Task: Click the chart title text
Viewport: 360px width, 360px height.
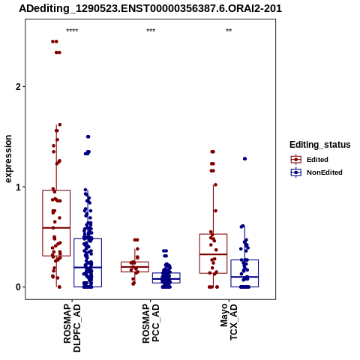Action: point(150,8)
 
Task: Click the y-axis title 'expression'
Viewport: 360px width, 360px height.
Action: point(8,159)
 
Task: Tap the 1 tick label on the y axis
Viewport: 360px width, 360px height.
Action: point(19,187)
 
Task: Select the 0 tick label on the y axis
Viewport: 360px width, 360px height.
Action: point(19,287)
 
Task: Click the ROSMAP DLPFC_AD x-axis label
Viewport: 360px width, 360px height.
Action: point(72,328)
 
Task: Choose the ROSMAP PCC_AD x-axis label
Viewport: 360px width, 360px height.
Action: point(151,323)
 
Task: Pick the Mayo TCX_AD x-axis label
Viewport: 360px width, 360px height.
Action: point(229,322)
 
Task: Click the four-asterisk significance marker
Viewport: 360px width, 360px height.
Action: point(72,31)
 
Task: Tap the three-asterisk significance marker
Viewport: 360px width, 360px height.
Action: point(151,31)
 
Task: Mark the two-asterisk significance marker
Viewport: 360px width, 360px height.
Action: point(229,31)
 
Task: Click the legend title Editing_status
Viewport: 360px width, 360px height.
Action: point(320,145)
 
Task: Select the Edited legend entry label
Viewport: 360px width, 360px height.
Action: point(317,160)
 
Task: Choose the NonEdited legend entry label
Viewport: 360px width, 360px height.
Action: point(325,172)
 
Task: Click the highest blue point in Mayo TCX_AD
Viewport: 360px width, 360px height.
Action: point(244,159)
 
